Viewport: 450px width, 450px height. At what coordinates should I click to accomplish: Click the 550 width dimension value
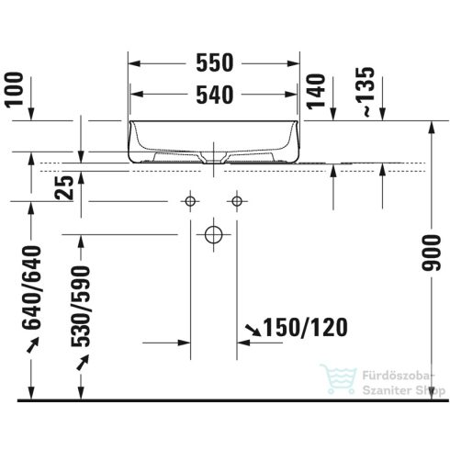215,63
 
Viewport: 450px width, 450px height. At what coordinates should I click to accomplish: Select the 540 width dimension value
215,93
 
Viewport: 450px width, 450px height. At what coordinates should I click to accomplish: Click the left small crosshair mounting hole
191,200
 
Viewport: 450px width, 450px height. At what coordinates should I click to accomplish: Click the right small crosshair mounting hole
238,200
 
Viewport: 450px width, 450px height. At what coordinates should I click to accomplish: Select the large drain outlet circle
214,234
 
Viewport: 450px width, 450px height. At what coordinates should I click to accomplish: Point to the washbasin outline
215,140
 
